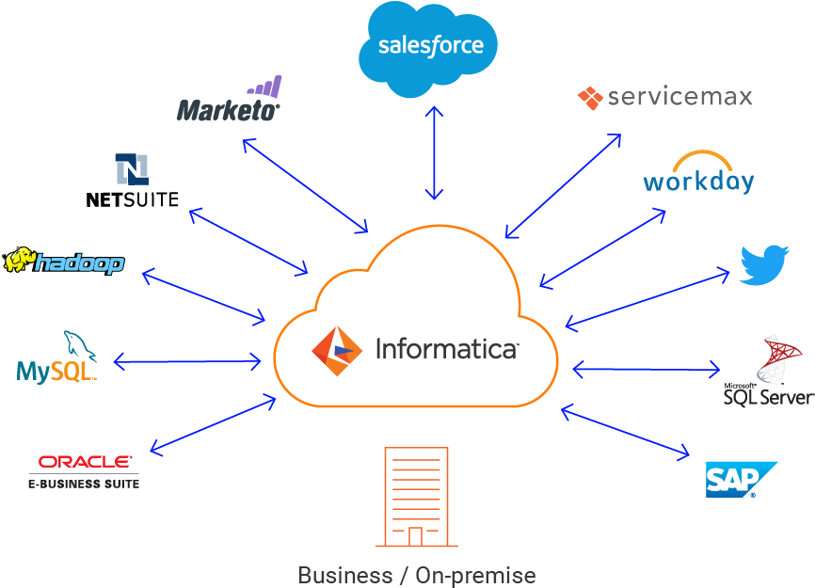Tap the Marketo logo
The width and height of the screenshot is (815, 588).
pyautogui.click(x=230, y=102)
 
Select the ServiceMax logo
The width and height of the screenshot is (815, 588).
pyautogui.click(x=665, y=97)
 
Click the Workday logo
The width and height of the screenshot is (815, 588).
pyautogui.click(x=698, y=174)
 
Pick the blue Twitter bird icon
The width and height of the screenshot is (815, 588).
pyautogui.click(x=763, y=265)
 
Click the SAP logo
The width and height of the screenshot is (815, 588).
pyautogui.click(x=740, y=479)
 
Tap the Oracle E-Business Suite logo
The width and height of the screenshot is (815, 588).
pyautogui.click(x=84, y=470)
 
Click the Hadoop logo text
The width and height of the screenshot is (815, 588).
pyautogui.click(x=79, y=262)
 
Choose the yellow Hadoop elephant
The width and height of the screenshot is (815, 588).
pyautogui.click(x=20, y=260)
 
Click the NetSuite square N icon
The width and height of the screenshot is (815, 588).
pyautogui.click(x=132, y=169)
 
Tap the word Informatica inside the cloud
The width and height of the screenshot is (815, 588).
pyautogui.click(x=446, y=349)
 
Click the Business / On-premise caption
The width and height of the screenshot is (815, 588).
pyautogui.click(x=416, y=574)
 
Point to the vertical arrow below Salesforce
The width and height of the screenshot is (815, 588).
pyautogui.click(x=434, y=152)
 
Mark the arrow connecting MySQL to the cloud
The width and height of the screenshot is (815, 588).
pyautogui.click(x=187, y=360)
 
